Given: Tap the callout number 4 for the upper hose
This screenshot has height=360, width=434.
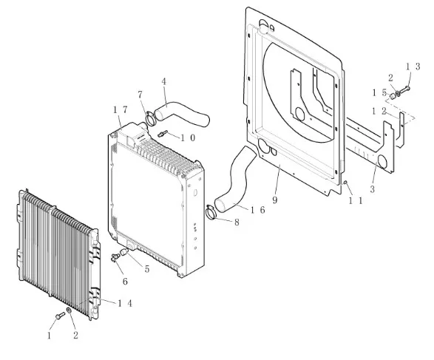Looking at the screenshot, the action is (x=164, y=81).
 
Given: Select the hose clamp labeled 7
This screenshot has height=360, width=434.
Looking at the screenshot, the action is (x=151, y=118).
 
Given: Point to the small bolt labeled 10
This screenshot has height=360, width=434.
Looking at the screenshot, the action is (x=163, y=134).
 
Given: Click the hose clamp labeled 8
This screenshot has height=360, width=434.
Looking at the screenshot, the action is (x=211, y=212).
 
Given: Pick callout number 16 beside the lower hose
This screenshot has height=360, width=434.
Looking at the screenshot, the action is (x=258, y=210).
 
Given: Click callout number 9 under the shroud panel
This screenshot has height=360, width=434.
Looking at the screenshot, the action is (x=274, y=200).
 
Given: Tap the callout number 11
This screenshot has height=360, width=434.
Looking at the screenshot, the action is (x=356, y=201).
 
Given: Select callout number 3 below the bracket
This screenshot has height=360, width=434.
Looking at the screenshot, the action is (x=373, y=189).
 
